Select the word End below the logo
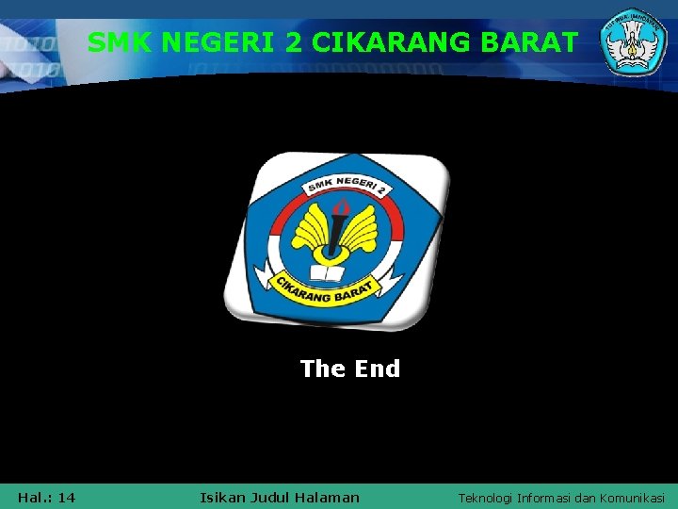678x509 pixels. point(378,369)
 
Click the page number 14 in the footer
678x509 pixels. point(66,497)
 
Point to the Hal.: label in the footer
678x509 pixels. point(34,497)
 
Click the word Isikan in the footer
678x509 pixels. point(222,497)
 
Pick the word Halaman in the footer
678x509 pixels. point(329,497)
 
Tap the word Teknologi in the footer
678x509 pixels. point(488,497)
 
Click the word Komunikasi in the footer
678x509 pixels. point(633,497)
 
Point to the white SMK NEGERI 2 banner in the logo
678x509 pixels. point(345,190)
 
